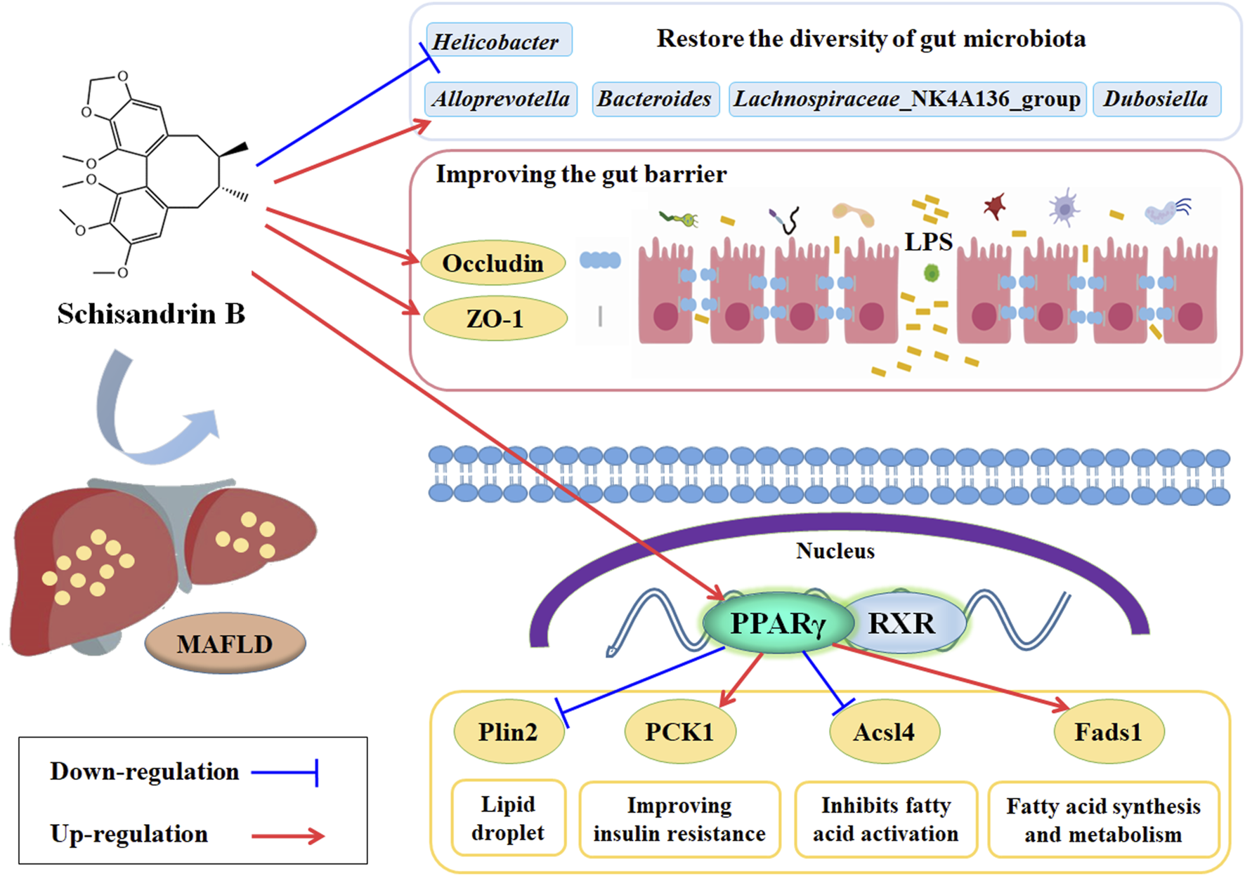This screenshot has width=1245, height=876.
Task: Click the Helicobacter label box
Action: click(499, 40)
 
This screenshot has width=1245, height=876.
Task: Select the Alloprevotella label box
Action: click(501, 99)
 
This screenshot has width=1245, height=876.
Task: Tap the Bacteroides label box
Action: click(655, 99)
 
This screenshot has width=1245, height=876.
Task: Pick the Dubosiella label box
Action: click(1156, 99)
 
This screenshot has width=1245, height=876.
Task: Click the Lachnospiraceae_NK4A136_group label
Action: click(907, 99)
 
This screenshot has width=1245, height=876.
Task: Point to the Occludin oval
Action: click(493, 263)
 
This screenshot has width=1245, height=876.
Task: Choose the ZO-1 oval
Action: click(495, 319)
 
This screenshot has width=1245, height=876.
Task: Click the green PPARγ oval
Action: click(778, 623)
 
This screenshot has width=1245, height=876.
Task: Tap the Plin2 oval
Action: click(508, 732)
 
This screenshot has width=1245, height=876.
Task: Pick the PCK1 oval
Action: click(679, 732)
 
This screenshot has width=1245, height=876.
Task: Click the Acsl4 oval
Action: click(884, 732)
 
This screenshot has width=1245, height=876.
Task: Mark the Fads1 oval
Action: click(1108, 732)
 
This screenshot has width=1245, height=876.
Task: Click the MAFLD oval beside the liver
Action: click(225, 644)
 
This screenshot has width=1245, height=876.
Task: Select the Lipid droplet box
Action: click(508, 818)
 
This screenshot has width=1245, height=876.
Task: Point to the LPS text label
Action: click(928, 242)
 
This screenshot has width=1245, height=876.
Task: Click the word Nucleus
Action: click(835, 551)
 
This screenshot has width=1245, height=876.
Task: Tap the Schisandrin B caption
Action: click(151, 314)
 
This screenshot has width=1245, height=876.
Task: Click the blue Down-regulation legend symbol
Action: click(285, 772)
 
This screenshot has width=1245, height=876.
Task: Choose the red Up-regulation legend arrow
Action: click(288, 835)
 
